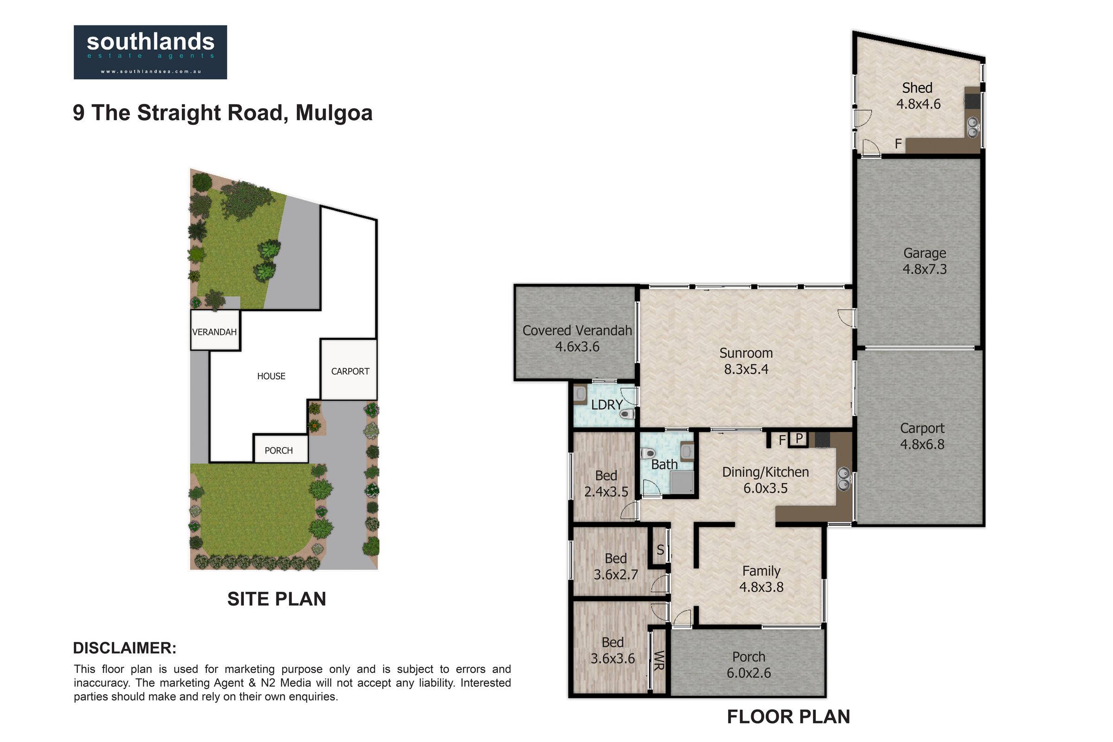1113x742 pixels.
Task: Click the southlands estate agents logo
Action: tap(150, 52)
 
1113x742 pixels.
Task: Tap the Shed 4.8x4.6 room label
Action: tap(918, 96)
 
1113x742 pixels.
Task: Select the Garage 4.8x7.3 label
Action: tap(924, 261)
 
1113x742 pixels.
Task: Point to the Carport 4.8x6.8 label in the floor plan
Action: tap(922, 436)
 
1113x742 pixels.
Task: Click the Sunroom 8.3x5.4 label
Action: tap(746, 361)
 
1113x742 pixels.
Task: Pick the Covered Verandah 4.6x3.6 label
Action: tap(577, 339)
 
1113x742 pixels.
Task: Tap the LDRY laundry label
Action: tap(607, 405)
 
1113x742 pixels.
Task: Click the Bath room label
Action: tap(664, 465)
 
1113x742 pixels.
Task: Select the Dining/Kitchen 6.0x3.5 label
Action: tap(765, 480)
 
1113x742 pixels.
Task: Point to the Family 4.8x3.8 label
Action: tap(761, 579)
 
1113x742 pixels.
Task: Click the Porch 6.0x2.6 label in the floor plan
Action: tap(748, 665)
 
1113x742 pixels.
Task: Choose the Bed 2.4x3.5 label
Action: tap(606, 484)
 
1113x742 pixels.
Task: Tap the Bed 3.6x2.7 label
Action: tap(616, 566)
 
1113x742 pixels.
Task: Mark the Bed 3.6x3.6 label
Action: tap(612, 650)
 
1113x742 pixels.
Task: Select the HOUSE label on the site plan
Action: tap(271, 376)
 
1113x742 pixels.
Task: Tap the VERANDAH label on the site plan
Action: tap(214, 332)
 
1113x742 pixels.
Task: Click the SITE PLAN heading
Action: tap(276, 599)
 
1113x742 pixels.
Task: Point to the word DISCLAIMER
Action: tap(124, 648)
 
